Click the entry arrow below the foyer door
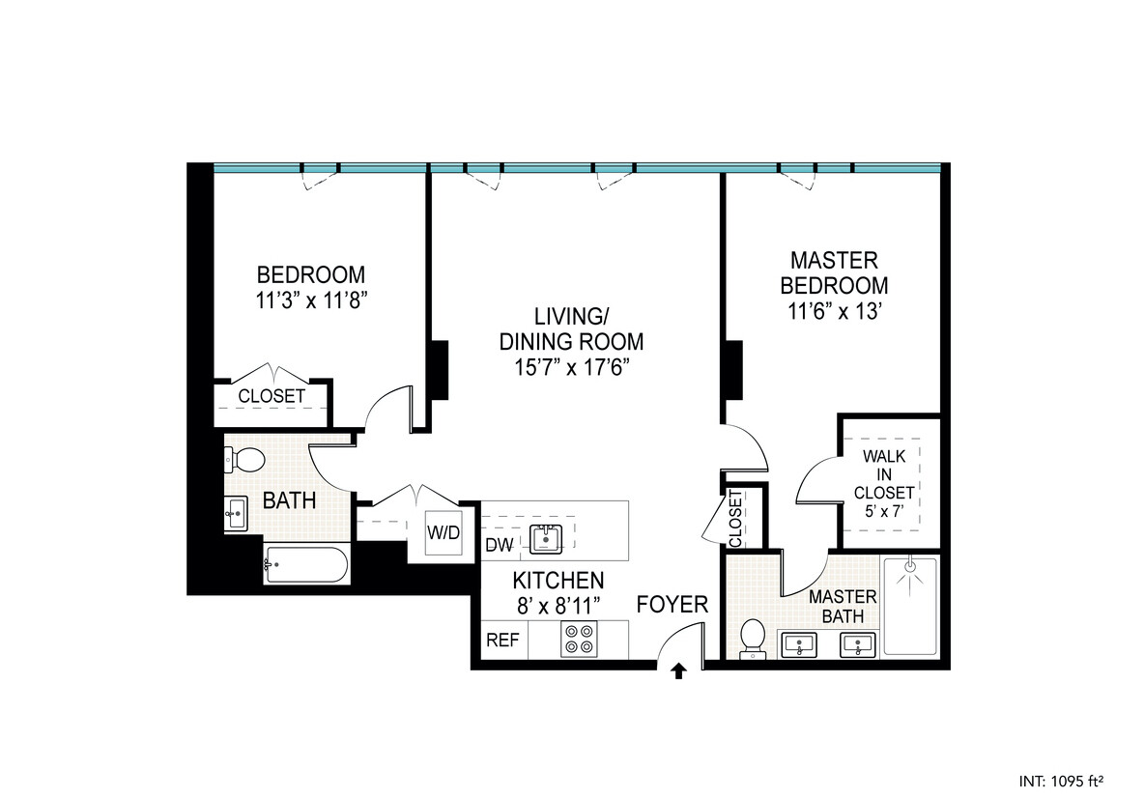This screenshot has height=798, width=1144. coord(678,670)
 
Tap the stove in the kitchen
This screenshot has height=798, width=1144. coord(580,640)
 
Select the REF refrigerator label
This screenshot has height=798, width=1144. coord(500,640)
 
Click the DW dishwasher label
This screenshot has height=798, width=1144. coord(499,546)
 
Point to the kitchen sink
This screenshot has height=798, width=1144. coord(547,538)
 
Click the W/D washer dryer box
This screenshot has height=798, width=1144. coord(443,531)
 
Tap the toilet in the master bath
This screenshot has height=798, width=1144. coord(752,640)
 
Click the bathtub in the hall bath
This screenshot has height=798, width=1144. coord(305,565)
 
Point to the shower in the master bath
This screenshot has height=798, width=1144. coord(910,606)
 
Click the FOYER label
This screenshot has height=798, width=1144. coord(672,606)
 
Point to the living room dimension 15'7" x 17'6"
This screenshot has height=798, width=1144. coord(570,368)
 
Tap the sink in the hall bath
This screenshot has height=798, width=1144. coord(238,511)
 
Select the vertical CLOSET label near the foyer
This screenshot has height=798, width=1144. coord(735,520)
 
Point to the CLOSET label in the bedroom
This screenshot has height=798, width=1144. coord(272,396)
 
